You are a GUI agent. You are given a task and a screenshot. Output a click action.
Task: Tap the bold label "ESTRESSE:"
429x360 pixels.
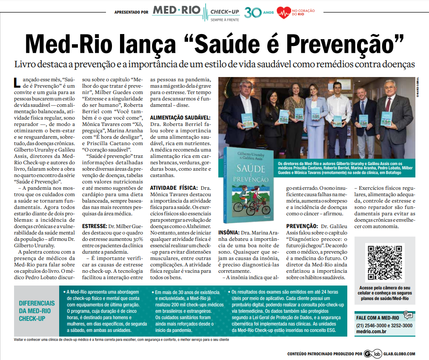click(x=94, y=226)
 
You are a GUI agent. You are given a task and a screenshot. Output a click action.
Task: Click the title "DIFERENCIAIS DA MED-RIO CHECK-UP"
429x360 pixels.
click(x=37, y=311)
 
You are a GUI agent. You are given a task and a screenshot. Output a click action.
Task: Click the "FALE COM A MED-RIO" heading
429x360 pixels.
click(x=377, y=317)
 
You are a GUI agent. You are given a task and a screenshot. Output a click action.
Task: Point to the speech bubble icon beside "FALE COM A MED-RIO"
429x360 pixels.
click(x=408, y=315)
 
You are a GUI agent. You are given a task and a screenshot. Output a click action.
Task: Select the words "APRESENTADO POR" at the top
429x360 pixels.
click(x=132, y=12)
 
